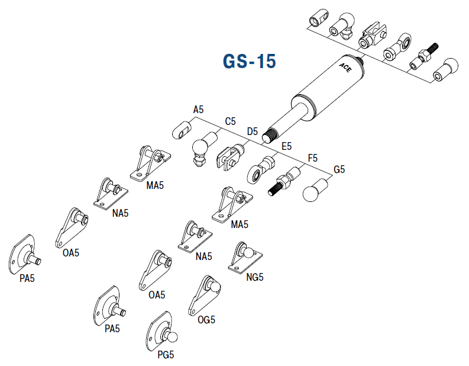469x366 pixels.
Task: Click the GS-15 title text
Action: pyautogui.click(x=249, y=61)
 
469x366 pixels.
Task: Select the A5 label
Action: pyautogui.click(x=198, y=110)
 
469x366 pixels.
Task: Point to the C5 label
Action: pyautogui.click(x=230, y=121)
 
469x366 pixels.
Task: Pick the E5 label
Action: pyautogui.click(x=286, y=146)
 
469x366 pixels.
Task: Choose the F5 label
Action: pyautogui.click(x=313, y=158)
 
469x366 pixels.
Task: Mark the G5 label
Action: pyautogui.click(x=339, y=170)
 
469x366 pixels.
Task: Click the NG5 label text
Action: pyautogui.click(x=254, y=277)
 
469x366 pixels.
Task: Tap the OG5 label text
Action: pyautogui.click(x=206, y=320)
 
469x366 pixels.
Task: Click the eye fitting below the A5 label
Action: pyautogui.click(x=183, y=128)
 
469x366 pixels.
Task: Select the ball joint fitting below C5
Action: pyautogui.click(x=199, y=152)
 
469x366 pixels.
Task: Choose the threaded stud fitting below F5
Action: pyautogui.click(x=284, y=180)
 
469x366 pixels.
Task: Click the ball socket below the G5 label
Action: pyautogui.click(x=315, y=191)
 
